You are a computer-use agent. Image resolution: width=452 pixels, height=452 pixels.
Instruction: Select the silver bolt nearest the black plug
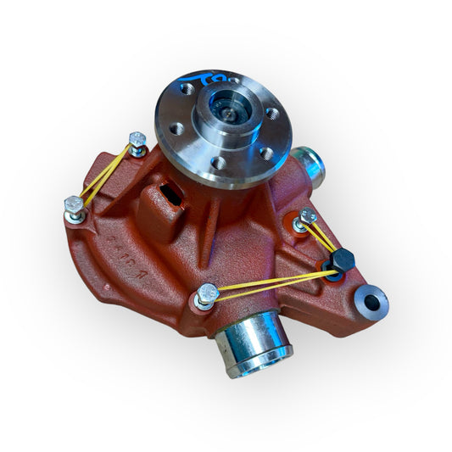pyautogui.click(x=306, y=219)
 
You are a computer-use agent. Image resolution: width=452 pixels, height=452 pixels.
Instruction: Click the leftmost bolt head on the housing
pyautogui.click(x=74, y=204)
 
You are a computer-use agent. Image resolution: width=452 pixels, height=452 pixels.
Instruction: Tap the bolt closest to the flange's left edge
pyautogui.click(x=137, y=140)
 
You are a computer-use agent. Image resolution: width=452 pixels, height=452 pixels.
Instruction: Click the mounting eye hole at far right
pyautogui.click(x=372, y=298)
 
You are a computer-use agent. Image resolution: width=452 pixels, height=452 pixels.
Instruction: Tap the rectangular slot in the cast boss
pyautogui.click(x=171, y=196)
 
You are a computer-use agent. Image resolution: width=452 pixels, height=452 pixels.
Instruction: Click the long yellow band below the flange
pyautogui.click(x=271, y=283)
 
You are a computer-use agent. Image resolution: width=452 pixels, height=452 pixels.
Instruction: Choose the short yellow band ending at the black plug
pyautogui.click(x=323, y=240)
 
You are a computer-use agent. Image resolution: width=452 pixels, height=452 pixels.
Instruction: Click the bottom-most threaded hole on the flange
pyautogui.click(x=219, y=162)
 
